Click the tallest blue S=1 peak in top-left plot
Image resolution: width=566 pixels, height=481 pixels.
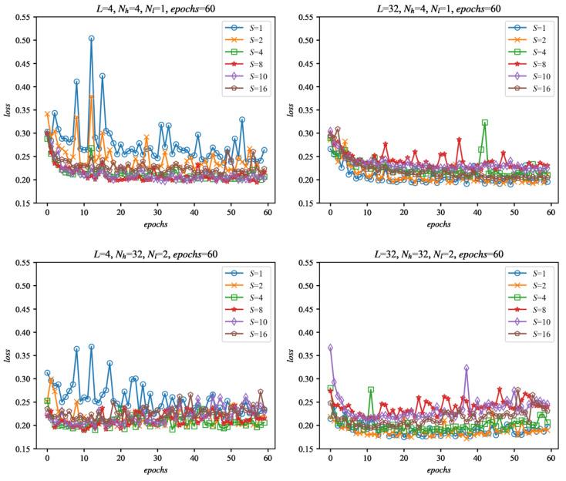(91, 38)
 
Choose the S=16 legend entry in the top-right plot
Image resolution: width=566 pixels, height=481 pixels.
(527, 89)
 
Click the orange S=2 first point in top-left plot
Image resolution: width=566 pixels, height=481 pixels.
(47, 114)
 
